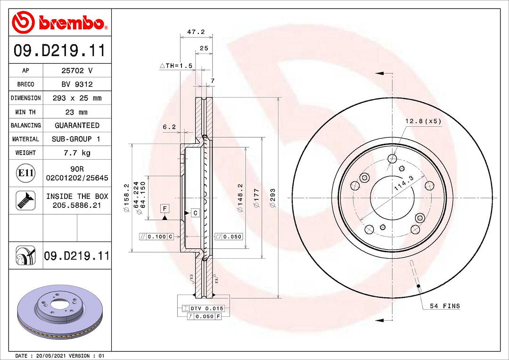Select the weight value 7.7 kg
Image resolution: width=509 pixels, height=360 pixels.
[77, 153]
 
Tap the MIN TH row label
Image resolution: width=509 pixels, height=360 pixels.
[25, 112]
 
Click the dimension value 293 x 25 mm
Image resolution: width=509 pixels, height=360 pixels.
[77, 98]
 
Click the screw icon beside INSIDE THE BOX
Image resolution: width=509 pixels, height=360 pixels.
[25, 200]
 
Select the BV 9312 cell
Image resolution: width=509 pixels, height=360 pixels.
[77, 84]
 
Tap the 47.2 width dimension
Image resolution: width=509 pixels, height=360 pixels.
[196, 32]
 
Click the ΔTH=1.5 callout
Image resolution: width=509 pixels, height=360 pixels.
[176, 66]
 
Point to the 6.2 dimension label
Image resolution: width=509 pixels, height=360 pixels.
[169, 127]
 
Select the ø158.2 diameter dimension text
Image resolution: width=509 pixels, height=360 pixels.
[126, 197]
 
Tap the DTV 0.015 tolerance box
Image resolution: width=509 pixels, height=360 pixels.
[206, 308]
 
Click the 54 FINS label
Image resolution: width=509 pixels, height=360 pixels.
[444, 306]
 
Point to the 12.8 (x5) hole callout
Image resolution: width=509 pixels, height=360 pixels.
[423, 121]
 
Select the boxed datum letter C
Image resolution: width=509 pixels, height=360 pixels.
[195, 213]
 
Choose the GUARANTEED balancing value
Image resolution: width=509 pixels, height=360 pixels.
[77, 125]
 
